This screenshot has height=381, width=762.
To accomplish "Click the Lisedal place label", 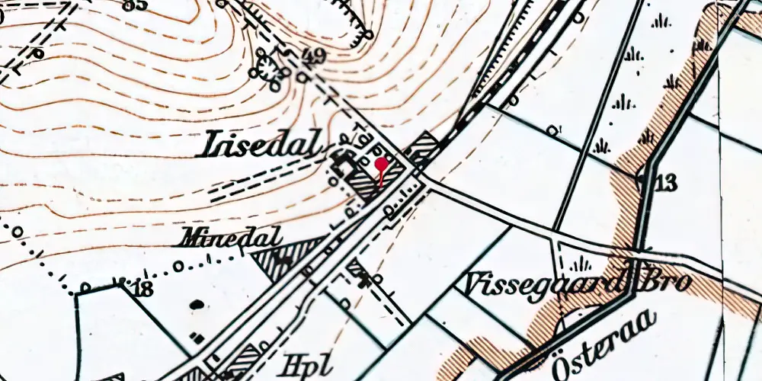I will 260,144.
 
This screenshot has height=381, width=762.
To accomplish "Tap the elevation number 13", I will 664,183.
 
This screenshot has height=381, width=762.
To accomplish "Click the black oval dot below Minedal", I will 197,305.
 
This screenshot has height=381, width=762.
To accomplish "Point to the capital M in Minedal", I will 186,237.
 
